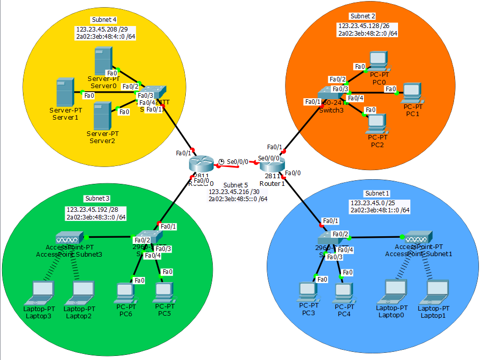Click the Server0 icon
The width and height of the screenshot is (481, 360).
click(103, 60)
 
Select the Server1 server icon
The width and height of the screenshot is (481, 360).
click(65, 92)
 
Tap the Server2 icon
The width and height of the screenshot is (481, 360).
click(102, 116)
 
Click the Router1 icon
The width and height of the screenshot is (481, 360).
click(270, 164)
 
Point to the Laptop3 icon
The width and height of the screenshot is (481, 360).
click(43, 292)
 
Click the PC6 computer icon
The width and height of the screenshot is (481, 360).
click(125, 291)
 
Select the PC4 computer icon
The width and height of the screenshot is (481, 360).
click(344, 291)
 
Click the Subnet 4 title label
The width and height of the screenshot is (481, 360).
click(104, 20)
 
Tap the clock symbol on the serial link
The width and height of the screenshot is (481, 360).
click(221, 162)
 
